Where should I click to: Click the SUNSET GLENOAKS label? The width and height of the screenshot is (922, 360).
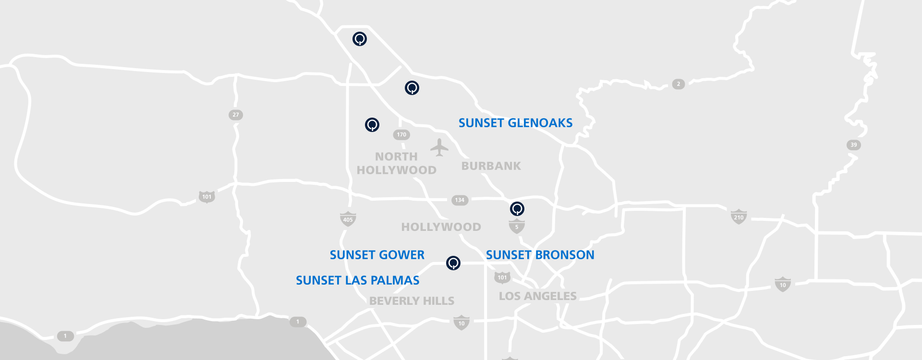515,123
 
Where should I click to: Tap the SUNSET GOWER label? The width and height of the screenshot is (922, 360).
377,255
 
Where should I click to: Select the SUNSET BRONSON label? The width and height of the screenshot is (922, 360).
540,255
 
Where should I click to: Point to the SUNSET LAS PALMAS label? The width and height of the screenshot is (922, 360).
357,280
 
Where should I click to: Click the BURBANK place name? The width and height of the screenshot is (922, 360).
491,166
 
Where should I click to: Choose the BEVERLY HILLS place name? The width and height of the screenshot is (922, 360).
412,301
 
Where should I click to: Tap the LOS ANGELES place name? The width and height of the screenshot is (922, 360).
537,296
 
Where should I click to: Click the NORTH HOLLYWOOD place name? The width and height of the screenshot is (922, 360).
396,163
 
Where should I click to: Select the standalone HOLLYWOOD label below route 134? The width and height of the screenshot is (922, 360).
441,227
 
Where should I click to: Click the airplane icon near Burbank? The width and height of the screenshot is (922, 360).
439,147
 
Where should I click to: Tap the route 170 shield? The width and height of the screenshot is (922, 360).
401,135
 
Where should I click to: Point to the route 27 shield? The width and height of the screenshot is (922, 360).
235,115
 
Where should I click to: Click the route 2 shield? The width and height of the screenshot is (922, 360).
678,84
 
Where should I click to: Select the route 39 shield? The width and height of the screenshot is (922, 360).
853,145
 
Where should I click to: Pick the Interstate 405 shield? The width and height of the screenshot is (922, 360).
348,219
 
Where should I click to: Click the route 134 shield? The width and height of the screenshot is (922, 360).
460,200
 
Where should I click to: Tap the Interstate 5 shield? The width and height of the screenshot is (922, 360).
517,226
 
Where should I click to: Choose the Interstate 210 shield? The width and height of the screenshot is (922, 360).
739,217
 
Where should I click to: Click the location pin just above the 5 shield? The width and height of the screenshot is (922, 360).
517,209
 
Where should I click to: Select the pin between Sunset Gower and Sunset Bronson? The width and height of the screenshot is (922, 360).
453,263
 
